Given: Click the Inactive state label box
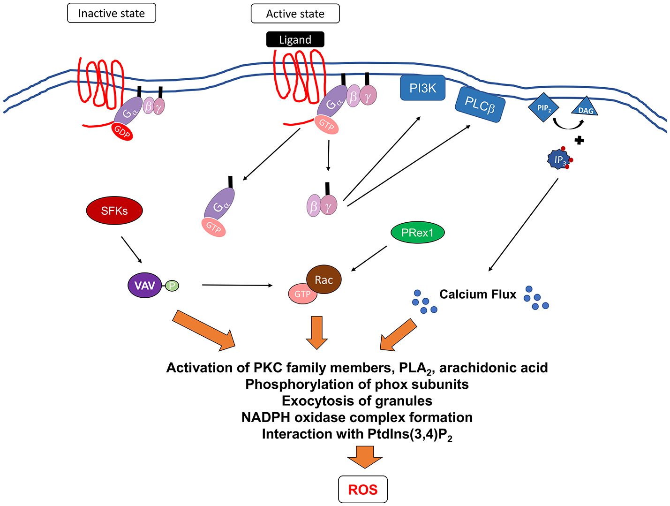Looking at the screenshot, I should [112, 13].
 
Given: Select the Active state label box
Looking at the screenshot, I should [295, 14].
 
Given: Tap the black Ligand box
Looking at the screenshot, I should [295, 40].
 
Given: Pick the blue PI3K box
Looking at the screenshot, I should [422, 88].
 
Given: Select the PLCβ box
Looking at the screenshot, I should [480, 105].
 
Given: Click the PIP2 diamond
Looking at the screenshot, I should [543, 108].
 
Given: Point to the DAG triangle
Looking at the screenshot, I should [585, 108].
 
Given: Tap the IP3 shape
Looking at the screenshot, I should [559, 159].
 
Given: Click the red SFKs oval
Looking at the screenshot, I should [114, 211].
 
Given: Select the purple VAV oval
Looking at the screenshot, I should [144, 285].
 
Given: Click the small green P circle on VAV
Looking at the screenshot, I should [172, 285].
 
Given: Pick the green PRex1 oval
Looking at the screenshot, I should [417, 233].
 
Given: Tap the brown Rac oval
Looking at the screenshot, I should [324, 280].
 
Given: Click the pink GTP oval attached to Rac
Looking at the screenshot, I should [302, 294].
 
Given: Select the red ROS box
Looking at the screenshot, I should [363, 490].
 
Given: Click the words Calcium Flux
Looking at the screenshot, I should [477, 294].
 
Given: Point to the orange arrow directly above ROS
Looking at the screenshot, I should [364, 456].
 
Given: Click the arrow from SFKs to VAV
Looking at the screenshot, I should [131, 249].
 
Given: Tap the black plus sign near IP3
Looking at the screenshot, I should [579, 140].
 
